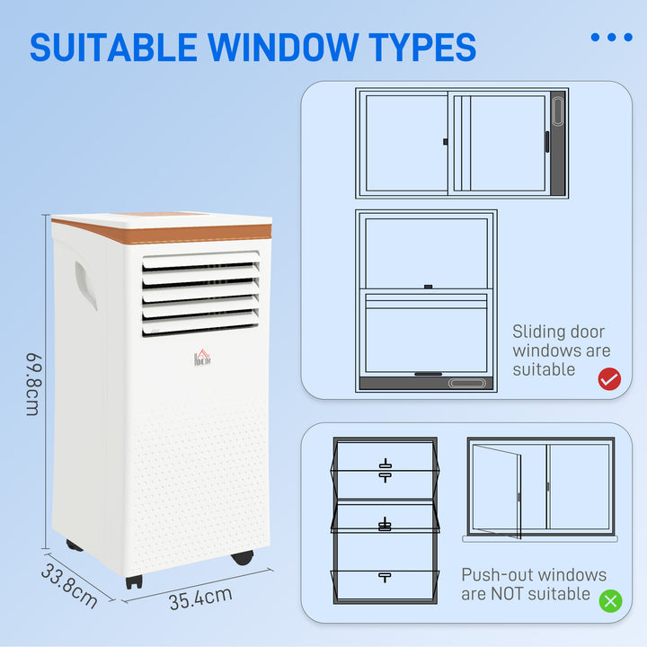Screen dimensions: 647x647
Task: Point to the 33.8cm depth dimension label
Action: pyautogui.click(x=68, y=584)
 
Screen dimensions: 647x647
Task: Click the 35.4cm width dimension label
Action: pyautogui.click(x=199, y=598)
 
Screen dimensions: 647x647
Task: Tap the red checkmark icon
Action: pyautogui.click(x=609, y=379)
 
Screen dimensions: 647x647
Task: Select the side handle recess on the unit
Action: pyautogui.click(x=85, y=286)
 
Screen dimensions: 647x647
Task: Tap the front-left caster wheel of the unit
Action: pyautogui.click(x=134, y=581)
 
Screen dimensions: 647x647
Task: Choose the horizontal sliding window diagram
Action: pyautogui.click(x=462, y=142)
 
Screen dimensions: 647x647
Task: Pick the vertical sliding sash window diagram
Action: pyautogui.click(x=426, y=301)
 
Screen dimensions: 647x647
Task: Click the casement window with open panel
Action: pyautogui.click(x=540, y=489)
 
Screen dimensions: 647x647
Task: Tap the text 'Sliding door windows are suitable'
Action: pyautogui.click(x=561, y=350)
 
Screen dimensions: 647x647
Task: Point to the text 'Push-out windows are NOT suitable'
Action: pyautogui.click(x=534, y=584)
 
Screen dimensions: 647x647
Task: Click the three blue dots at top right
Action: pyautogui.click(x=611, y=38)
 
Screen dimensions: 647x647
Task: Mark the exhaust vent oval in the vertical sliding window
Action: pyautogui.click(x=471, y=384)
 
